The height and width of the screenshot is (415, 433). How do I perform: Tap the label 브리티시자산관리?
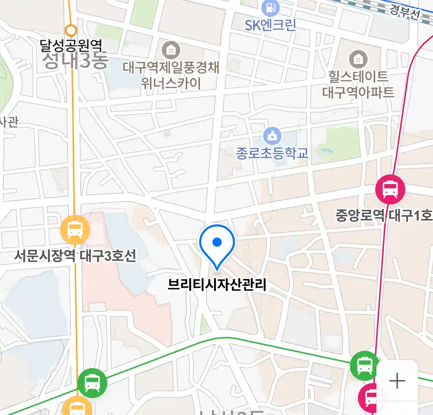[x=217, y=284]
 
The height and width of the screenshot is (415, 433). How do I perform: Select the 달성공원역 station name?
[x=71, y=46]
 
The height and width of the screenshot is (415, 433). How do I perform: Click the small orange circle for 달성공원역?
[x=71, y=30]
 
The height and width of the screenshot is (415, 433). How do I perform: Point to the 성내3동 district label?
[x=75, y=61]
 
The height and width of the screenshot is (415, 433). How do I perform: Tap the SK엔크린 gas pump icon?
[x=270, y=8]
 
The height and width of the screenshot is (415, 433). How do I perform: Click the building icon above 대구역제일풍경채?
[x=171, y=50]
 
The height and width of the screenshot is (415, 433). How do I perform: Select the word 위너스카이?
[x=171, y=83]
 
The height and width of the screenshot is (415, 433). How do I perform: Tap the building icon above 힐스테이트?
[x=358, y=59]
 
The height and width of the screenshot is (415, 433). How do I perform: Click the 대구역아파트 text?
[x=358, y=92]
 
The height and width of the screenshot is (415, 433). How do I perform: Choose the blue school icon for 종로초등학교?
[x=273, y=136]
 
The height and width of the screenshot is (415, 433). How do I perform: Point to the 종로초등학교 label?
[x=273, y=153]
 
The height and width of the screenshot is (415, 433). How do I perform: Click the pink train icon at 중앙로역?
[x=390, y=189]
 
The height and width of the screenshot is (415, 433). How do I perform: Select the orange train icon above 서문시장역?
[x=75, y=230]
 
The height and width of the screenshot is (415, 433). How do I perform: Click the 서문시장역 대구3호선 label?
[x=75, y=256]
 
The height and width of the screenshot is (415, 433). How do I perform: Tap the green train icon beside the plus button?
[x=364, y=365]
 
